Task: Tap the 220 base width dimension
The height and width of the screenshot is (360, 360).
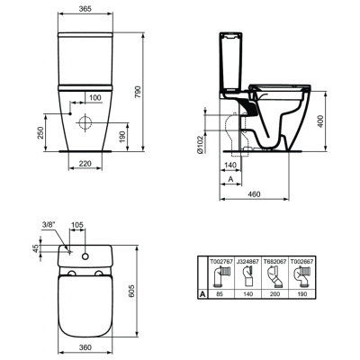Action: click(84, 164)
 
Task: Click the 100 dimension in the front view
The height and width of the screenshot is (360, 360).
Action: click(94, 96)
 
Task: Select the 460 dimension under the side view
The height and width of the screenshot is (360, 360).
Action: click(255, 193)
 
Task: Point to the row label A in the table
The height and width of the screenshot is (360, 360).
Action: click(203, 293)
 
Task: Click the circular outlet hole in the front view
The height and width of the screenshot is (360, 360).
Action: click(87, 121)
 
